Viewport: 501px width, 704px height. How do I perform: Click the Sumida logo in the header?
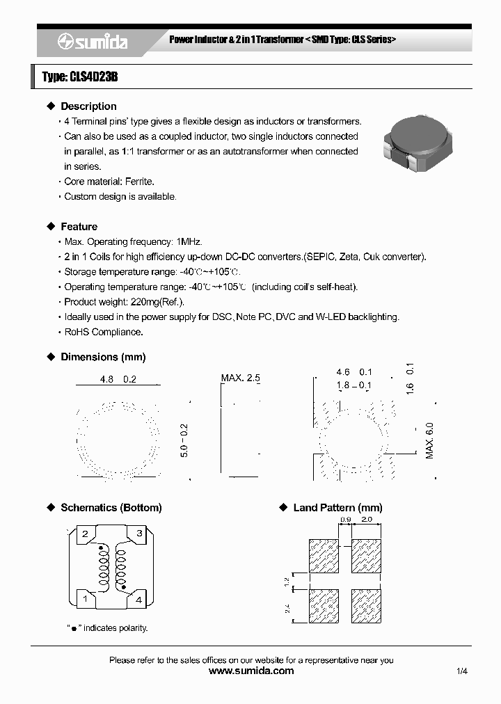tap(92, 42)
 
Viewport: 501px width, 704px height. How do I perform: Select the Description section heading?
tap(88, 106)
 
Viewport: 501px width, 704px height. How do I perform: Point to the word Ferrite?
tap(139, 182)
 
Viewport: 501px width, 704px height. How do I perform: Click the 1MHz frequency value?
tap(189, 242)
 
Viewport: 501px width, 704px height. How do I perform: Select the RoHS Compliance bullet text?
tap(103, 332)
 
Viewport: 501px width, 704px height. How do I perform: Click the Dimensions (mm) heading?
tap(103, 357)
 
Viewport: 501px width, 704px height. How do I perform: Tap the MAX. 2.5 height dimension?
tap(241, 378)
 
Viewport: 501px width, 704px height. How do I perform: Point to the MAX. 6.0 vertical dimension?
tap(429, 440)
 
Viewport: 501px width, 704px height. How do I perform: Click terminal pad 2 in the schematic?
tap(85, 534)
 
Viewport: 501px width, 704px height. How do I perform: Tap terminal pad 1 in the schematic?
tap(85, 598)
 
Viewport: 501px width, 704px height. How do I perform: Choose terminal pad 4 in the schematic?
tap(139, 598)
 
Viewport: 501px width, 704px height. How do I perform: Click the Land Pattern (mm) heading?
tap(337, 508)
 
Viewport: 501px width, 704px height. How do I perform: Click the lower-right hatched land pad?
tap(367, 605)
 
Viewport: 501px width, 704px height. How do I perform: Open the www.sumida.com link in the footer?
tap(251, 671)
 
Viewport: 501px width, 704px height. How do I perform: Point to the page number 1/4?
tap(463, 671)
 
